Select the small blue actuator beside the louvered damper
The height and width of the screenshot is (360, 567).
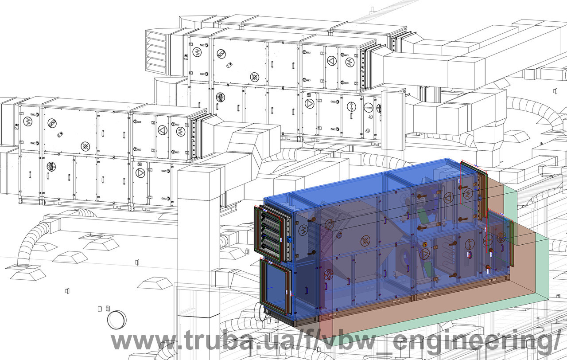tap(290, 239)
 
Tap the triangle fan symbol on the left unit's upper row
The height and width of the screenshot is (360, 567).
tap(162, 130)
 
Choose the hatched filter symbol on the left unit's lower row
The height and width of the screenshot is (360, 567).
tap(51, 167)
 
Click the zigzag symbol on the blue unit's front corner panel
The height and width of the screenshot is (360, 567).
tap(303, 230)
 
